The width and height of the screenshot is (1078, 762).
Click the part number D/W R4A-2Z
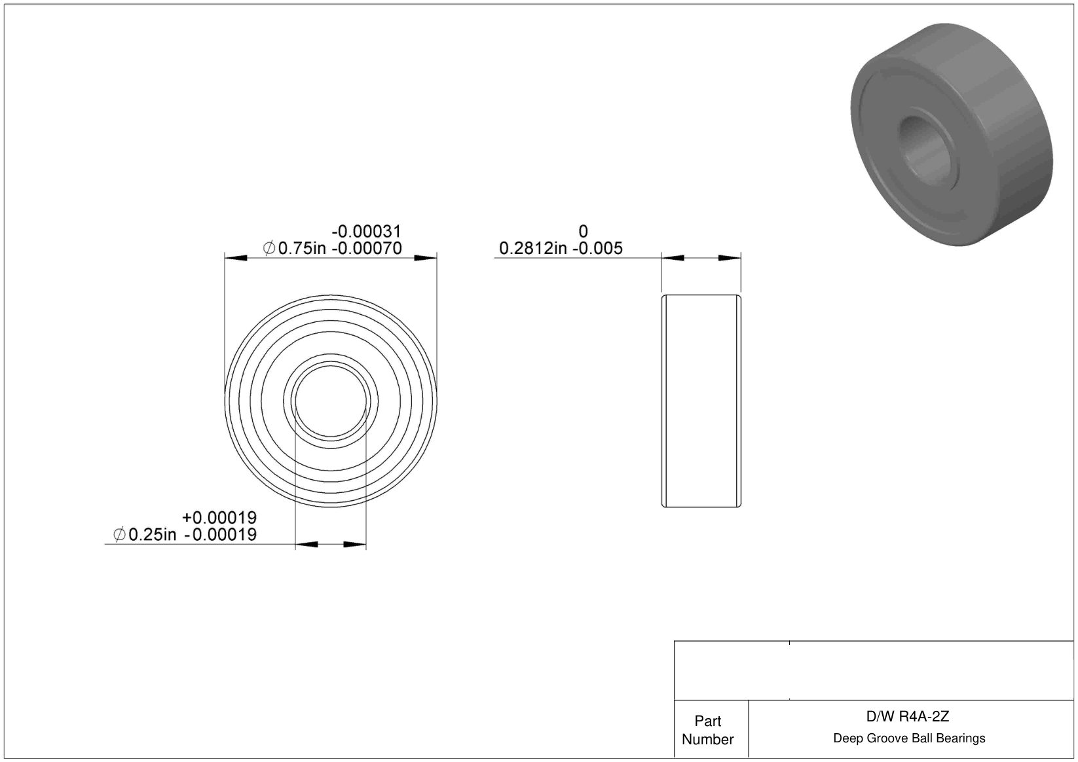pos(908,717)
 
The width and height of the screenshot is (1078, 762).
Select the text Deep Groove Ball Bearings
pos(909,738)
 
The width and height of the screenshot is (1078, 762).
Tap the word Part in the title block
pos(707,721)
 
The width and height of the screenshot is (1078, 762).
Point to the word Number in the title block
pos(707,739)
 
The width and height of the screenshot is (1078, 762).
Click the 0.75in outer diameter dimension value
pos(302,248)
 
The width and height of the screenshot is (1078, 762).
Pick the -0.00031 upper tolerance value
pos(366,231)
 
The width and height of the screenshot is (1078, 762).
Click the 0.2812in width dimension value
pos(532,248)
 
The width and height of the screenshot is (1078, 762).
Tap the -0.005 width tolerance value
pos(597,248)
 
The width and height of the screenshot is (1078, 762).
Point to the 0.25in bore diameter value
pos(152,534)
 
